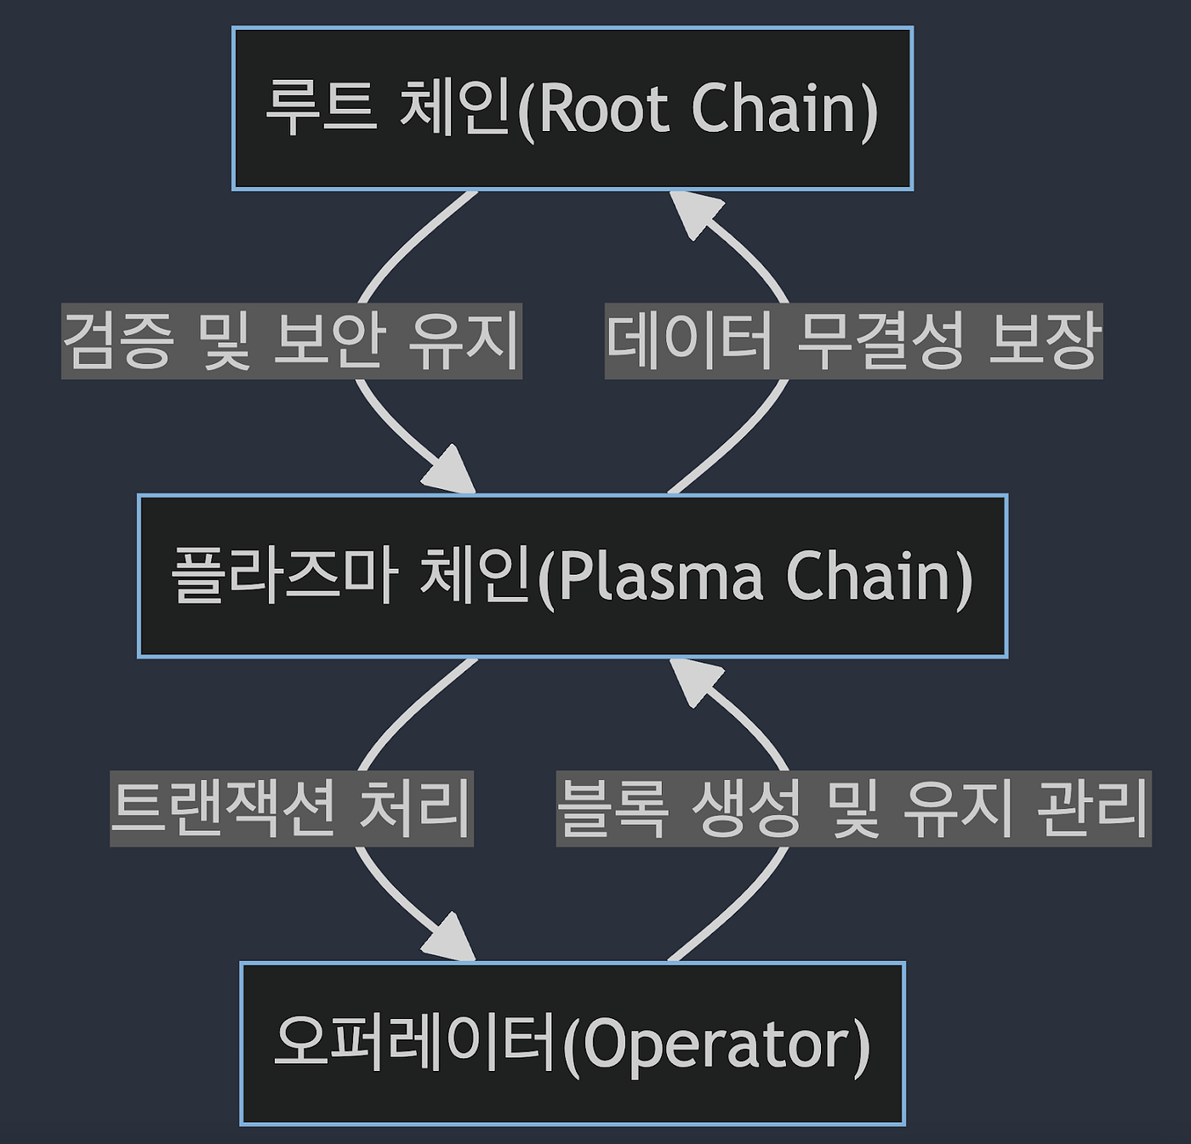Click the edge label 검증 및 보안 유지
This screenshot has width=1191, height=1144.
[292, 341]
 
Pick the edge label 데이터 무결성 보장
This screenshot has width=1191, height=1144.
[853, 341]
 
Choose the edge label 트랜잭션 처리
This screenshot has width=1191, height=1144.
[292, 808]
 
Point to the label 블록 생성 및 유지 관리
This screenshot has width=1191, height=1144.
[853, 808]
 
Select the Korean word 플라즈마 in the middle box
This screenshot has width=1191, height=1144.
[284, 575]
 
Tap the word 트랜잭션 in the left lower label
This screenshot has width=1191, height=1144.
[225, 808]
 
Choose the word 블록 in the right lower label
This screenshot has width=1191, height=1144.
[613, 808]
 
